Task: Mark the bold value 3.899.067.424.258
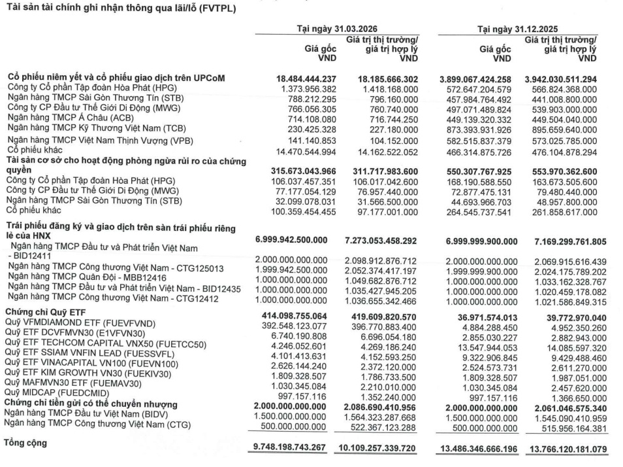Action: point(480,78)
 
